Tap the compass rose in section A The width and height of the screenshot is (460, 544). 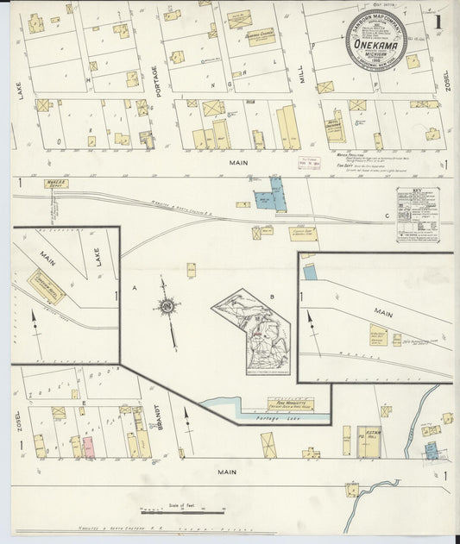pyautogui.click(x=167, y=305)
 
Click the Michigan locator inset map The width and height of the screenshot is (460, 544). pyautogui.click(x=251, y=332)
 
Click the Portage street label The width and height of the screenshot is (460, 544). pyautogui.click(x=155, y=82)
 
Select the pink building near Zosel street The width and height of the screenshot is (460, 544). pyautogui.click(x=88, y=447)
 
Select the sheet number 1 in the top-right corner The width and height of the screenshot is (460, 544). pyautogui.click(x=438, y=21)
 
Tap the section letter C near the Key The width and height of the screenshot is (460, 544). pyautogui.click(x=388, y=215)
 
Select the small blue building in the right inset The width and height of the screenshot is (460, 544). pyautogui.click(x=310, y=272)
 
